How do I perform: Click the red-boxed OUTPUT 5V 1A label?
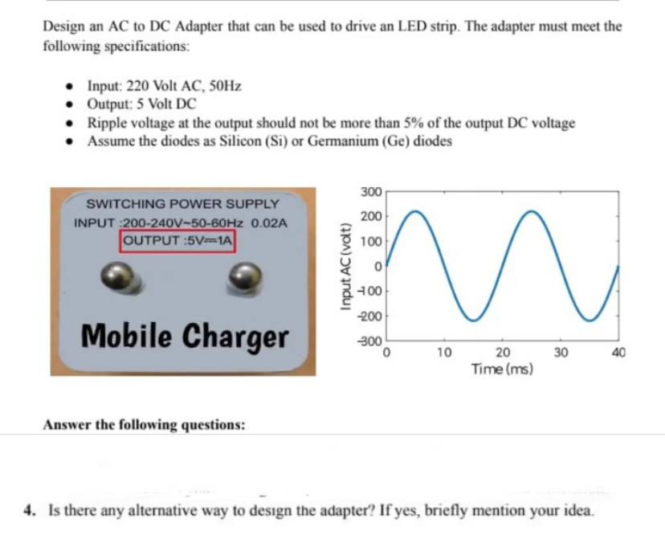point(177,241)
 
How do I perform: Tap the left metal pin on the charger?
point(118,276)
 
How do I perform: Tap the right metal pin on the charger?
point(245,277)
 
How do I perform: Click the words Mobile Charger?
point(185,337)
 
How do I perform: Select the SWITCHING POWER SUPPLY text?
point(182,204)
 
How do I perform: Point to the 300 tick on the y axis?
point(372,192)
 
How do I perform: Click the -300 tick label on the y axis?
point(371,341)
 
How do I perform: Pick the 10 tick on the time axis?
point(444,353)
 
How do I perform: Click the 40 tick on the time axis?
point(618,353)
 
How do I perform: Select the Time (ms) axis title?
point(502,369)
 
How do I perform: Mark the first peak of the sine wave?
point(416,211)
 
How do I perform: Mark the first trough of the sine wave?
point(474,321)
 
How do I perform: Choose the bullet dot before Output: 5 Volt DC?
point(70,104)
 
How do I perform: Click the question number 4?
point(29,510)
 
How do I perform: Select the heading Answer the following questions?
point(145,424)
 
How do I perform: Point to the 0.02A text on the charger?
point(269,223)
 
